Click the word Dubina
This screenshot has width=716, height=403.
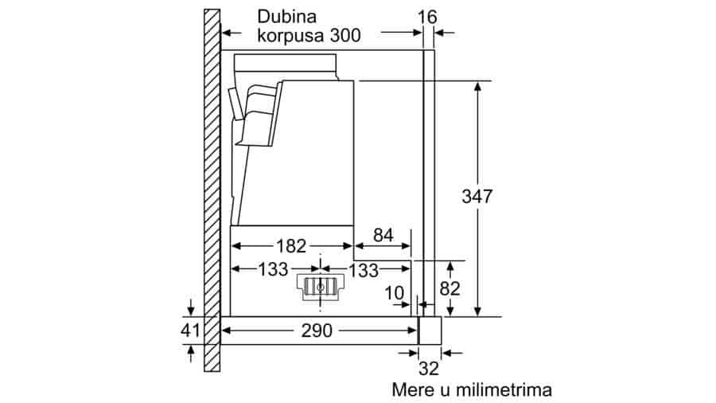click(x=286, y=17)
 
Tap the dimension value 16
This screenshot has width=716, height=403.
click(x=427, y=18)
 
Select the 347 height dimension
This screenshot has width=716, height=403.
click(x=477, y=197)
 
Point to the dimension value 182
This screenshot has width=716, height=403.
click(x=291, y=246)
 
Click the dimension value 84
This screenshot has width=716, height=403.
click(x=383, y=235)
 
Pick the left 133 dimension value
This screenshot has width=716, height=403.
click(x=273, y=269)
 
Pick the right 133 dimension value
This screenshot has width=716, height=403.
click(x=364, y=270)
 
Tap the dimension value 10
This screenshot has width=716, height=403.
click(x=395, y=293)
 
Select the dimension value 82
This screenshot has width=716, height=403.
click(x=449, y=288)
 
